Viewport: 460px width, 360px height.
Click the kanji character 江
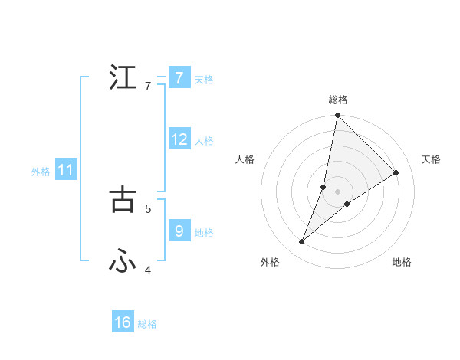coord(123,78)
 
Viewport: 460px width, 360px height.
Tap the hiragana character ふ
coord(123,262)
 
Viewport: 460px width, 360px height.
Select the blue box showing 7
coord(179,78)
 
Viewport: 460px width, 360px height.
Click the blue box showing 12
coord(179,139)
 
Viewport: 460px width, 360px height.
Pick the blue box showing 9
coord(179,231)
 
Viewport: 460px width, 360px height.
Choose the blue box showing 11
coord(66,170)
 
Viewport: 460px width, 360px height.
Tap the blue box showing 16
coord(123,322)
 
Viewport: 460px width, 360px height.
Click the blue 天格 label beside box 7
coord(204,80)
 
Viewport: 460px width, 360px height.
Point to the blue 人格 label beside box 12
coord(204,141)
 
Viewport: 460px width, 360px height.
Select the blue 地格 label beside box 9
coord(204,233)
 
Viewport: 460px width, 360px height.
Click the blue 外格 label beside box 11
coord(41,172)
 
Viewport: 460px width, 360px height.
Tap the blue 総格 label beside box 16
coord(147,324)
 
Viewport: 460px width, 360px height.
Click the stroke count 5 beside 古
coord(148,208)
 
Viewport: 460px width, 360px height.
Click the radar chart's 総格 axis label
coord(338,100)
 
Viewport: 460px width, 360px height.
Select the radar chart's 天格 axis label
coord(431,159)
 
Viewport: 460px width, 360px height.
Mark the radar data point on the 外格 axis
coord(302,242)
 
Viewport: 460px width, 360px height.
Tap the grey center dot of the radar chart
coord(338,191)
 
